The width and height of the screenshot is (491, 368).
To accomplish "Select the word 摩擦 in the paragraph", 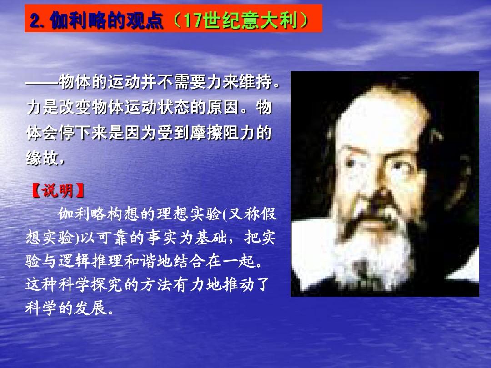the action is pos(206,133).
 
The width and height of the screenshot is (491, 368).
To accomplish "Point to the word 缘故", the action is pos(42,157).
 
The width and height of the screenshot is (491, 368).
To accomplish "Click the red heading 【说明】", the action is pos(58,190).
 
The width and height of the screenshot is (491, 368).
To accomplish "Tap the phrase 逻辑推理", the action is pos(91,261).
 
